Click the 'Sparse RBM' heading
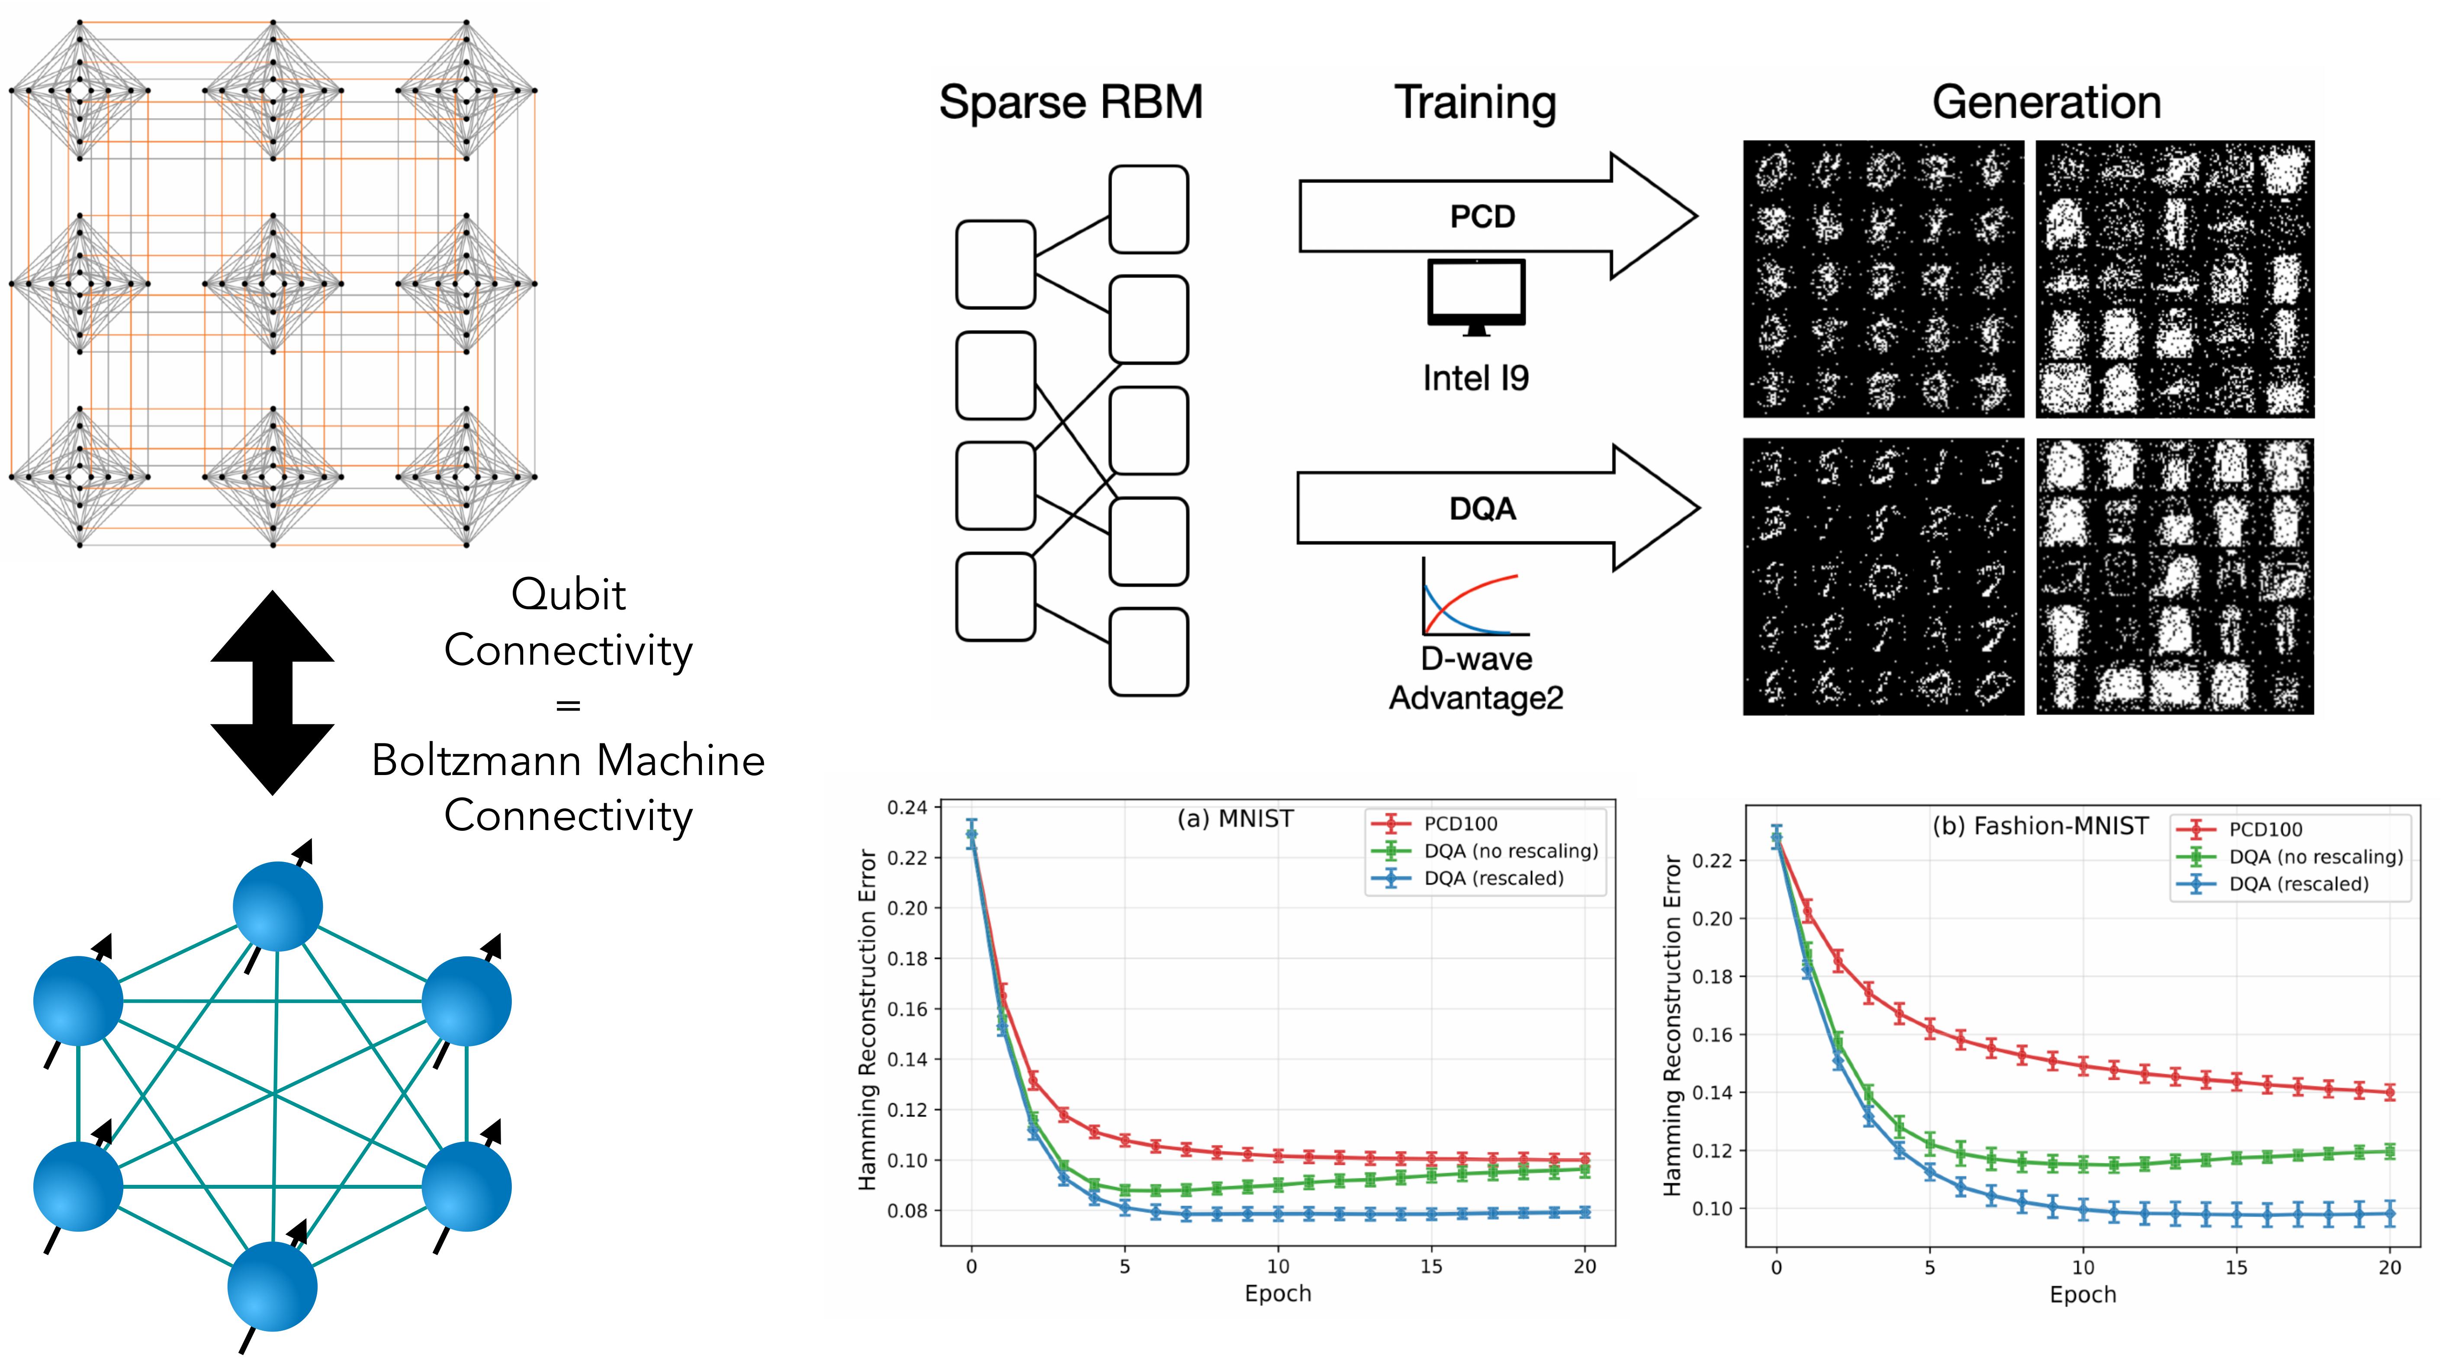click(1071, 103)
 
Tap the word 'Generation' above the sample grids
click(2047, 103)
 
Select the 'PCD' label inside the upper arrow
click(1482, 216)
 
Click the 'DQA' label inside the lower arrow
click(1482, 509)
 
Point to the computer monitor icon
click(1475, 297)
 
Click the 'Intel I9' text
click(1475, 379)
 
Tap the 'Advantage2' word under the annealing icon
click(1475, 698)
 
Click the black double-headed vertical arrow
click(272, 692)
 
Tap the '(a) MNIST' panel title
click(1235, 819)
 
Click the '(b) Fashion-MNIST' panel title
click(2040, 826)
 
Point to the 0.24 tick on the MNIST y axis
click(906, 807)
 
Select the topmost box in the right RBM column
click(1148, 209)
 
